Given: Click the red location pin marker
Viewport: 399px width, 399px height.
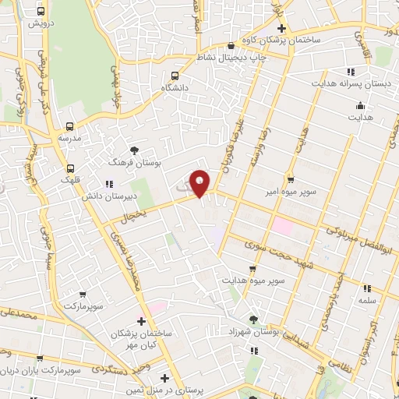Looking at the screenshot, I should (201, 184).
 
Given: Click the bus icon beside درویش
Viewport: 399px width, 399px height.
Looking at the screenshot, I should (42, 12).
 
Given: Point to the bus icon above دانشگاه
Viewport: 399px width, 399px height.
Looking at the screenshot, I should (175, 76).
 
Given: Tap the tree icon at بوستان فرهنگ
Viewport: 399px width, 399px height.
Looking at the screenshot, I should (136, 150).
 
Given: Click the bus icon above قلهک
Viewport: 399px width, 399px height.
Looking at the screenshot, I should (70, 168).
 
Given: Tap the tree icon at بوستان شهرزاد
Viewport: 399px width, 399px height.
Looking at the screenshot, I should (253, 320).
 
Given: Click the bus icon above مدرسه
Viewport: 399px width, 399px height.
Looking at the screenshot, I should (70, 125).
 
